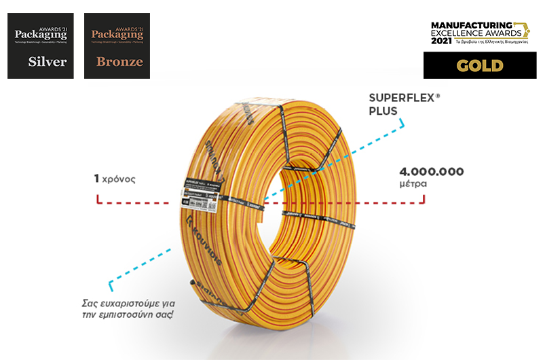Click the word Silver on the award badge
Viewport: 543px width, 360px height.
point(48,62)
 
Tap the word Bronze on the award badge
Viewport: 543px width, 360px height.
point(119,62)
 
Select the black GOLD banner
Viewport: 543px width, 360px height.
point(480,65)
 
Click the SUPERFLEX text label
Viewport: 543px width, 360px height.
point(403,98)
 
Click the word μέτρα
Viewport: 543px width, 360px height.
point(415,183)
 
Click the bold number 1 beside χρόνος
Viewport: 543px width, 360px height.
point(97,179)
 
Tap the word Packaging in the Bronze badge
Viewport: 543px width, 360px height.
point(113,33)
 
